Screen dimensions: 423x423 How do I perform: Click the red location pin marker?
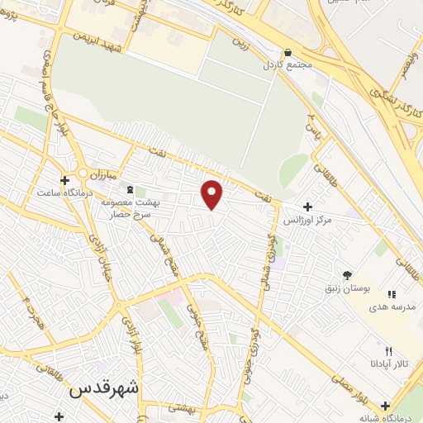click(212, 193)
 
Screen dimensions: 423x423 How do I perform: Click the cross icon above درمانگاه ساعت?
click(64, 179)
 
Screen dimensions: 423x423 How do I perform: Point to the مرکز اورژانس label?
click(307, 220)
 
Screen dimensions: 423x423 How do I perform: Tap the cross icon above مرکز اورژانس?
click(308, 207)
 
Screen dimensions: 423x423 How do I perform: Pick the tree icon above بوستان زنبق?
click(347, 274)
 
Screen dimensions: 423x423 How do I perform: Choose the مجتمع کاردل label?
click(286, 64)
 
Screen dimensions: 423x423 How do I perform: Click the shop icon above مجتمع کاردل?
click(287, 51)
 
